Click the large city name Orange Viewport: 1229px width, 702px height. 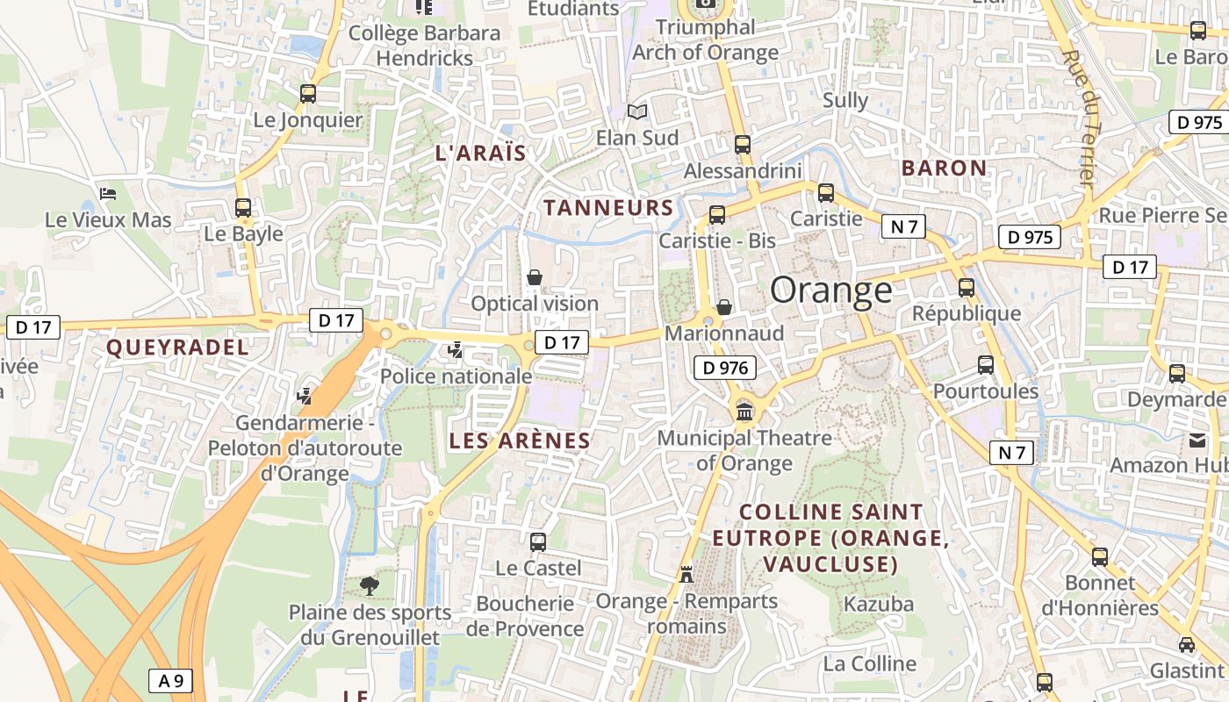coord(830,290)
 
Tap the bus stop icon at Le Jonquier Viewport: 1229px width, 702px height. coord(308,94)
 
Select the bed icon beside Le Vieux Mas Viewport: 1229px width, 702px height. coord(108,193)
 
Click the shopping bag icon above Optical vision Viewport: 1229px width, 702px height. coord(534,278)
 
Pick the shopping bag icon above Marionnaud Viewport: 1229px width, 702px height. coord(724,307)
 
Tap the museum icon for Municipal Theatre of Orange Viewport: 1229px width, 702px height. coord(744,411)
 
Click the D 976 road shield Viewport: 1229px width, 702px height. coord(724,369)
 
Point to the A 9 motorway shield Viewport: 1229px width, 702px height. coord(170,680)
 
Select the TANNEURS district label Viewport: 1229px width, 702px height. coord(608,208)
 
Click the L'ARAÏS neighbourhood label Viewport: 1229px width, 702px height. coord(480,154)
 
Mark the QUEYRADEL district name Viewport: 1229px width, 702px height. coord(177,347)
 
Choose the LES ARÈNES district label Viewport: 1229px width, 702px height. coord(520,441)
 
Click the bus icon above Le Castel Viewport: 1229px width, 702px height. coord(538,542)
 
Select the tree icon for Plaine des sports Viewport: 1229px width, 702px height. coord(370,585)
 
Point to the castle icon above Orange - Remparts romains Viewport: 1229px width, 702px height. coord(686,574)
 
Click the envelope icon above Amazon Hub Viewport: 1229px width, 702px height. coord(1198,440)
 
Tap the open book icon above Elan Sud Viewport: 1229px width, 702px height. coord(637,112)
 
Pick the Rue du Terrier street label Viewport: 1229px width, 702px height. coord(1078,118)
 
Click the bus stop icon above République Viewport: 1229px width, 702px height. coord(967,287)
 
